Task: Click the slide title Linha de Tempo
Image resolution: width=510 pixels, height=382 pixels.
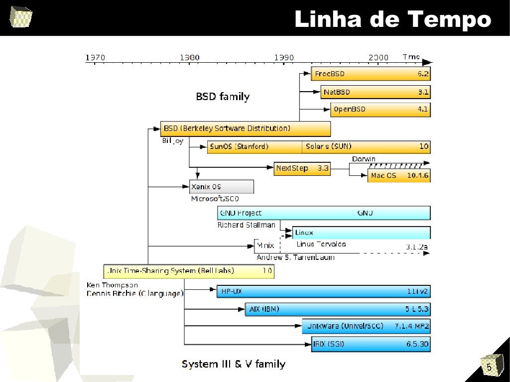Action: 392,20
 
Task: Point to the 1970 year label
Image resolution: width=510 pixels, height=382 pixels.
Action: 95,57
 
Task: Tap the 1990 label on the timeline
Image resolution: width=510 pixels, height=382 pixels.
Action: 284,57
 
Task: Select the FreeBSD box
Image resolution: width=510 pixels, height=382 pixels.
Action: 371,74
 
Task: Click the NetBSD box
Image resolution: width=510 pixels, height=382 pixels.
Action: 376,92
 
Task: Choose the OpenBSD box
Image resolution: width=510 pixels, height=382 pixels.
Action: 380,109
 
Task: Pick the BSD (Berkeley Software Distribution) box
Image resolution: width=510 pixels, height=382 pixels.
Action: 245,128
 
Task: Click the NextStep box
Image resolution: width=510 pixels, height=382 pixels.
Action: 302,168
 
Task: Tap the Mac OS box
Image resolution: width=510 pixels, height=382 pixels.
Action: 399,176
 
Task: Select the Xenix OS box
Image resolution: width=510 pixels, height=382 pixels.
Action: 221,187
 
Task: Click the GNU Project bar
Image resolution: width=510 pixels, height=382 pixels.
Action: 324,213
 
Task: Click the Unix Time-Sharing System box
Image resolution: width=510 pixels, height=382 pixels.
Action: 189,271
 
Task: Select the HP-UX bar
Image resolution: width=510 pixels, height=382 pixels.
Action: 323,291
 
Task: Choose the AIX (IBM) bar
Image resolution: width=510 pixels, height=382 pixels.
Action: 337,309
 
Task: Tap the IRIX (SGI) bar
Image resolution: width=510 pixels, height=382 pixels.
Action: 371,344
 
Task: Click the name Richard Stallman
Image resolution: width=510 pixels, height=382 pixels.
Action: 246,225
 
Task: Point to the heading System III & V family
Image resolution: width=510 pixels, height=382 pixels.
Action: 234,364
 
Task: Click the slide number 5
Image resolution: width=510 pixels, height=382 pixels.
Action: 489,368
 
